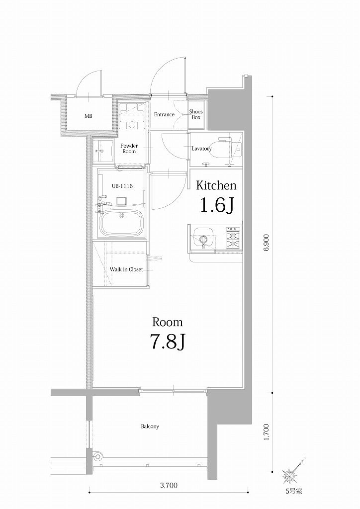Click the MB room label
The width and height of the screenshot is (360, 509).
(88, 116)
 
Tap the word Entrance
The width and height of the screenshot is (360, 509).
(164, 115)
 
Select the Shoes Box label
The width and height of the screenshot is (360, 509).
(196, 115)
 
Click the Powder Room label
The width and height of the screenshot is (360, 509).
(129, 149)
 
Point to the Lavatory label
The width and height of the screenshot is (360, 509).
(202, 149)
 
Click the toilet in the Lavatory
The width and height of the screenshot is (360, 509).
(227, 149)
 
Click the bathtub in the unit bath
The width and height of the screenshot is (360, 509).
(122, 224)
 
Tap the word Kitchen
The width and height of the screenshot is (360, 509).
(216, 186)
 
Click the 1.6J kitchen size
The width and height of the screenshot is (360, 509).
(216, 204)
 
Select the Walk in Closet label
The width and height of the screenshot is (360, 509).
(126, 269)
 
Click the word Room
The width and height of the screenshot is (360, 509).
(167, 322)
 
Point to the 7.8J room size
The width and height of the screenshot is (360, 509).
(167, 342)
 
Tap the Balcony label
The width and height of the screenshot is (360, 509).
(150, 426)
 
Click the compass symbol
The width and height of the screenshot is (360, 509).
(290, 476)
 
